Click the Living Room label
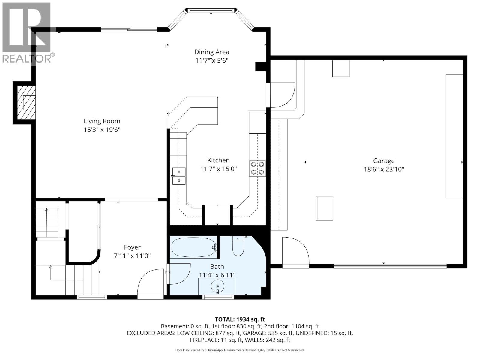[x=102, y=121]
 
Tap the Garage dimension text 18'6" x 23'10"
[x=384, y=169]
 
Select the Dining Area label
[x=211, y=52]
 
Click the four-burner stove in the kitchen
[x=257, y=168]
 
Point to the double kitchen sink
[x=179, y=176]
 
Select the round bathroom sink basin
[x=217, y=287]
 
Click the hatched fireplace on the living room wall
[x=26, y=103]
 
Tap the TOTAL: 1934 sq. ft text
[x=240, y=319]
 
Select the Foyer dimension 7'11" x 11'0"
[x=132, y=256]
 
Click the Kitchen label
[x=218, y=160]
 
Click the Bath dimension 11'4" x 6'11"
[x=217, y=275]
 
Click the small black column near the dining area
[x=260, y=67]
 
